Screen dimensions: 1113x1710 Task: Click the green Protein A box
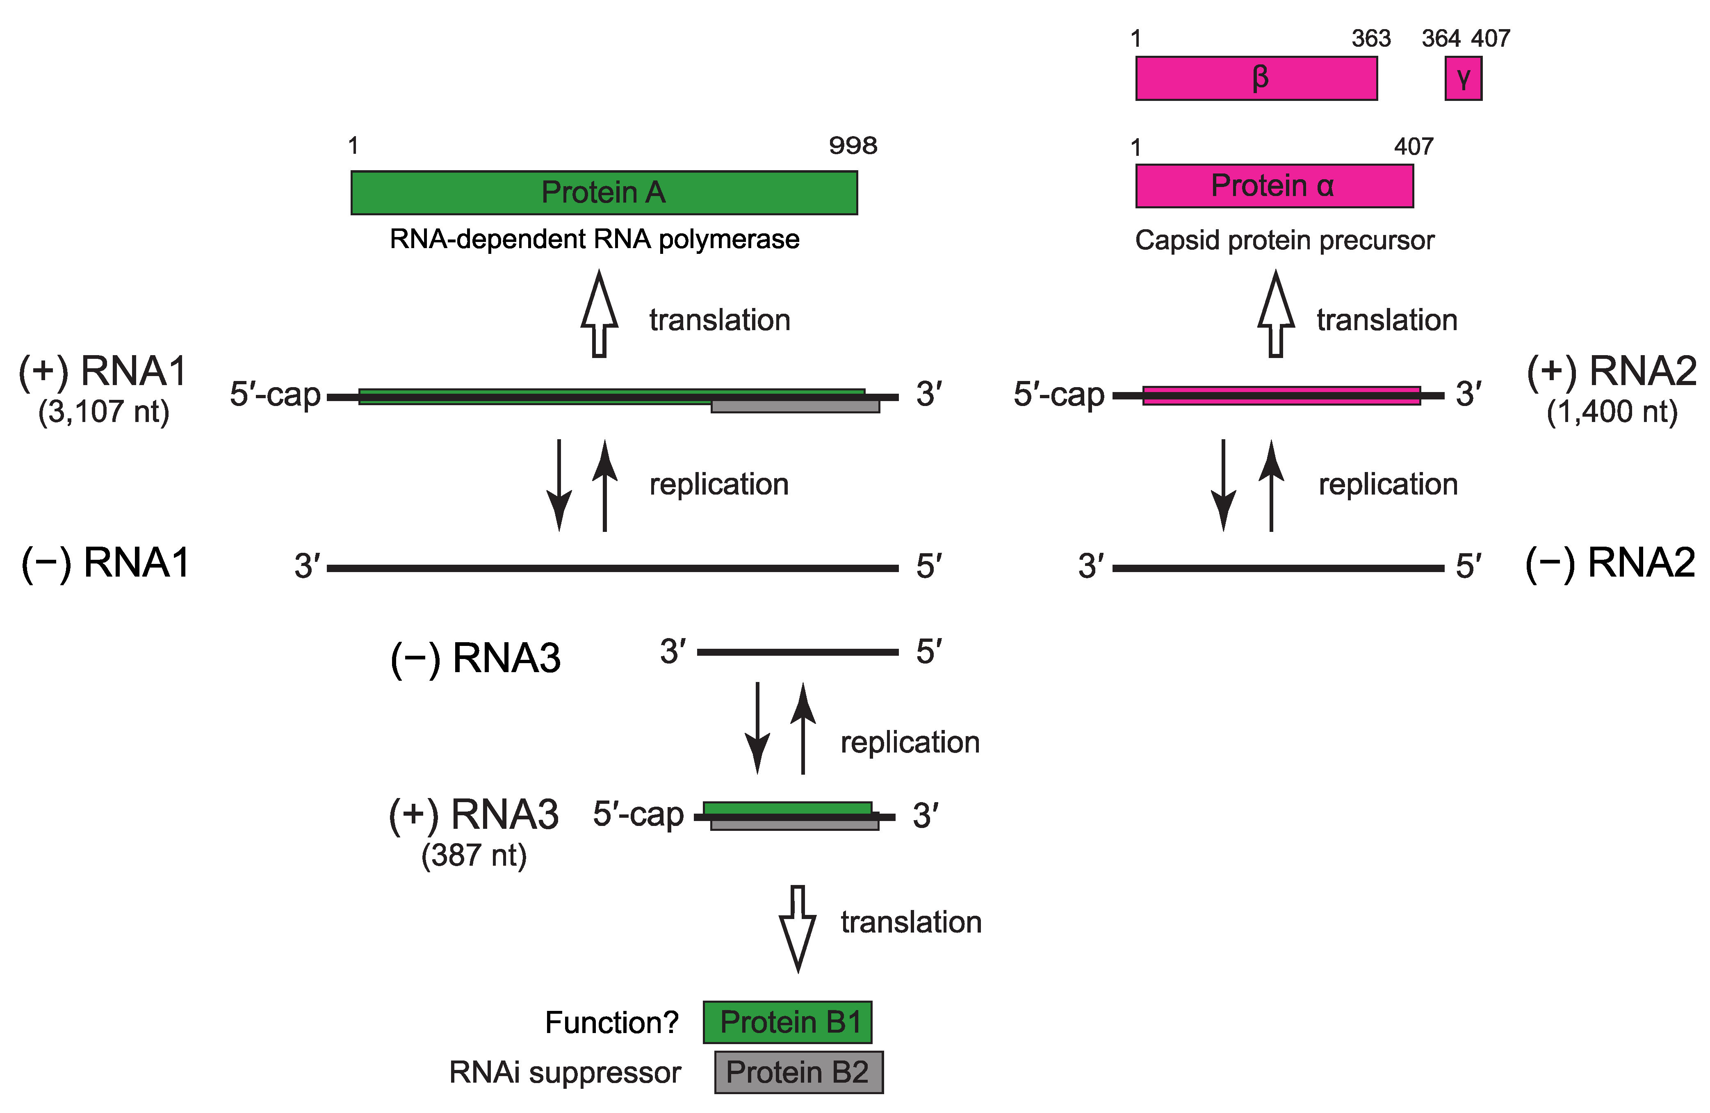point(604,193)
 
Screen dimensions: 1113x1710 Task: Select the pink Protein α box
point(1274,186)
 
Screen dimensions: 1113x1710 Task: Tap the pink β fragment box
point(1256,78)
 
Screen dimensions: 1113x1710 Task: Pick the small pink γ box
point(1463,78)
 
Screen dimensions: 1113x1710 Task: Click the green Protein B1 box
point(787,1022)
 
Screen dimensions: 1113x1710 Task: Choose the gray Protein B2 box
point(798,1072)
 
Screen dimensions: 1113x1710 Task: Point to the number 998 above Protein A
point(853,146)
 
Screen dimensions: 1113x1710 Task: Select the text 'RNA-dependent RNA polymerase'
point(594,239)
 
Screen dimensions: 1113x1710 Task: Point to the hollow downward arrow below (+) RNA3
point(798,928)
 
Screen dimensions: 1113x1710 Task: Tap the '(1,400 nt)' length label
point(1612,412)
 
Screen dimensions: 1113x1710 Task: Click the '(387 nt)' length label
point(474,855)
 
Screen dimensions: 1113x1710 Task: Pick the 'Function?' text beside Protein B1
point(611,1022)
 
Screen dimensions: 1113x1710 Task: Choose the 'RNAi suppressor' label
point(565,1072)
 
